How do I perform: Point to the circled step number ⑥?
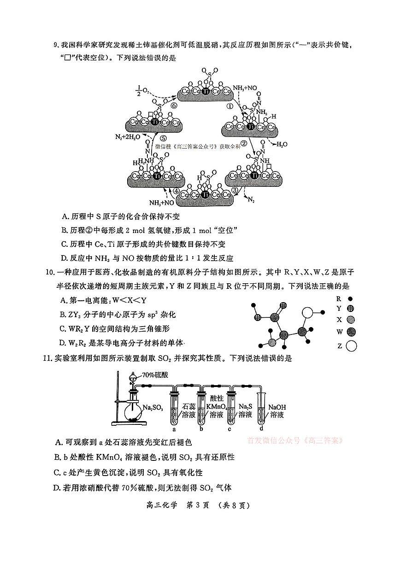point(174,106)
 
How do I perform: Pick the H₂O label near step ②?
point(282,144)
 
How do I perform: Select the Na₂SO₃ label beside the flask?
point(153,408)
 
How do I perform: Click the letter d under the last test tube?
point(261,429)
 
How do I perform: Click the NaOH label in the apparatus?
point(277,407)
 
